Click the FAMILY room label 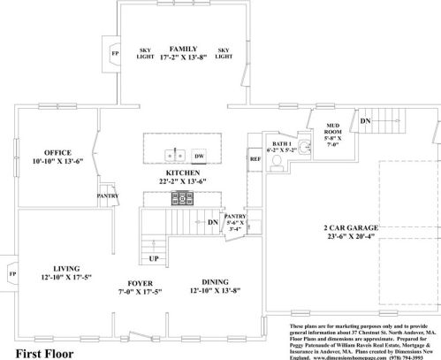[x=184, y=49]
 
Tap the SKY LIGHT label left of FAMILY [x=146, y=52]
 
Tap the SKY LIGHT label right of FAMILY [x=224, y=52]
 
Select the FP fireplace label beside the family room [x=114, y=51]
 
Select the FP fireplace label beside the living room [x=11, y=273]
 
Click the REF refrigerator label [x=255, y=159]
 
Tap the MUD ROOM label [x=334, y=133]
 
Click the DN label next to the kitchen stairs [x=212, y=222]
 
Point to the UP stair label [x=153, y=259]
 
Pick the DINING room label [x=217, y=283]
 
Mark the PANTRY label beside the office [x=107, y=195]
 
